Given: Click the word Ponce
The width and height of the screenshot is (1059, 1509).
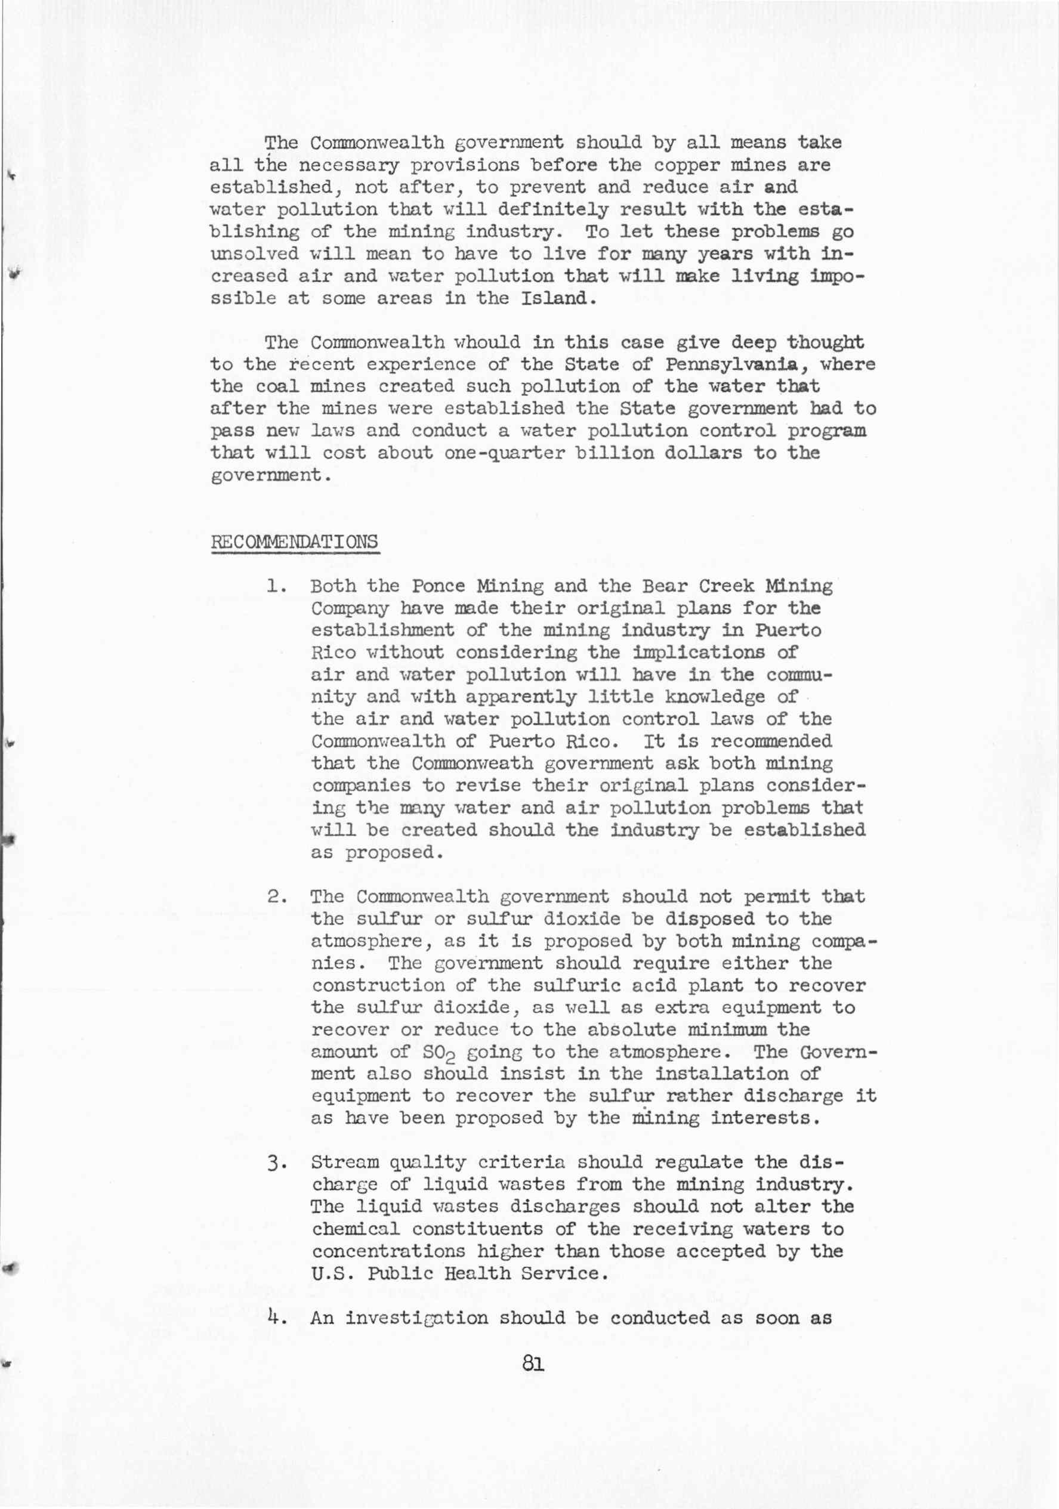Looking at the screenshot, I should (439, 586).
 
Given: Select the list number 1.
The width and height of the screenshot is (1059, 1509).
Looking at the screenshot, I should (276, 586).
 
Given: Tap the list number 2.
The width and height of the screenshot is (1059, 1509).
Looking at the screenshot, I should (276, 897).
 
